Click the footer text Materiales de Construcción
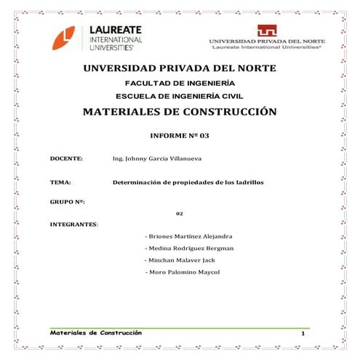96,332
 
